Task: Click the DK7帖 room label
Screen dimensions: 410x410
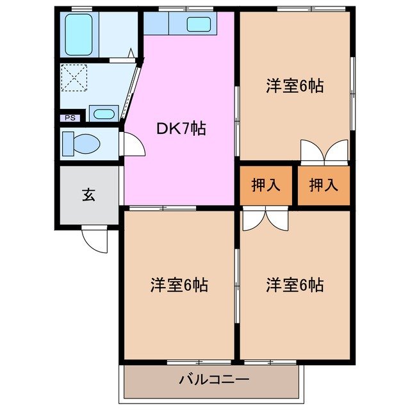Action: click(x=181, y=129)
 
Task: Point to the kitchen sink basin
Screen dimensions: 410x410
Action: click(x=199, y=25)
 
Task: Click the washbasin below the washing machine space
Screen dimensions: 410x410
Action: click(x=102, y=114)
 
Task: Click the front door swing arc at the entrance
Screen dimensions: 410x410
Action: click(x=95, y=241)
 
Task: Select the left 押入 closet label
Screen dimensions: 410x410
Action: click(x=265, y=185)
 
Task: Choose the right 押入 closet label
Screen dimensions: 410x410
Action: click(x=323, y=185)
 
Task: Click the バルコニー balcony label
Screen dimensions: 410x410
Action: click(x=209, y=380)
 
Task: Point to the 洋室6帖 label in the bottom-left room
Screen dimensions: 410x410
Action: click(x=179, y=284)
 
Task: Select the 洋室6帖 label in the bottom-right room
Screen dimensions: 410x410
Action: click(x=295, y=284)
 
